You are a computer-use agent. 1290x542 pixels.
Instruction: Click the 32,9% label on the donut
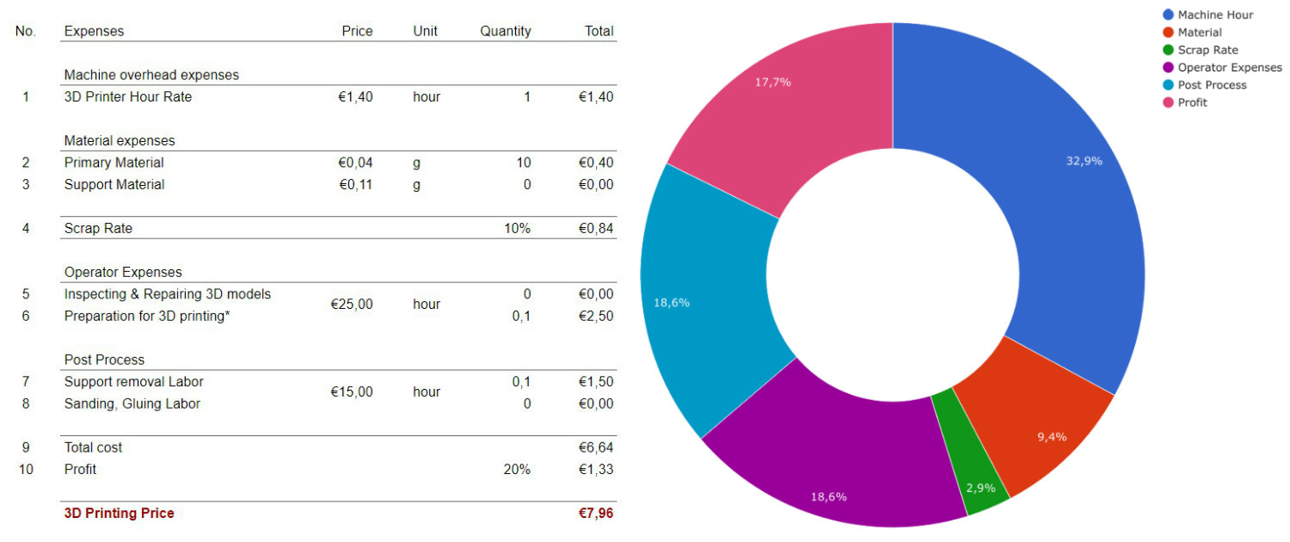1084,161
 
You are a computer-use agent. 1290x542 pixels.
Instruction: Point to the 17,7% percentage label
772,83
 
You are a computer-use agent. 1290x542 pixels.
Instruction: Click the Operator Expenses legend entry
1229,67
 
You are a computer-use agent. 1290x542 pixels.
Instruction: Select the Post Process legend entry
1212,84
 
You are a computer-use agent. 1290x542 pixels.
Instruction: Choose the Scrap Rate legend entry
1207,50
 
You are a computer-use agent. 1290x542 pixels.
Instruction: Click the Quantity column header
505,31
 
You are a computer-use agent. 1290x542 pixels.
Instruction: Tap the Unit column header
425,31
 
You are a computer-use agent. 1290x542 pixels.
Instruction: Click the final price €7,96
596,514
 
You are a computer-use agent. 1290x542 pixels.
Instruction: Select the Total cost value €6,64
596,447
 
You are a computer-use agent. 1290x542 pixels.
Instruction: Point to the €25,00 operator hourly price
352,305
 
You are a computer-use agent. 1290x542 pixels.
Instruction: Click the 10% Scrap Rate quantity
517,228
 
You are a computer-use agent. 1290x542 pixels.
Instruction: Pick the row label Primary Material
114,163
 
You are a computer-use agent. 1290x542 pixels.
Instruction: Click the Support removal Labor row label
133,381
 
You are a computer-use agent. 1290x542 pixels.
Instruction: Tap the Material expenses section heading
119,140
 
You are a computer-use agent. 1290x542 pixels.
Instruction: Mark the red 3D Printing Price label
119,514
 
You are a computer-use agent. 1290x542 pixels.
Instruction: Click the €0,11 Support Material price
355,184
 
